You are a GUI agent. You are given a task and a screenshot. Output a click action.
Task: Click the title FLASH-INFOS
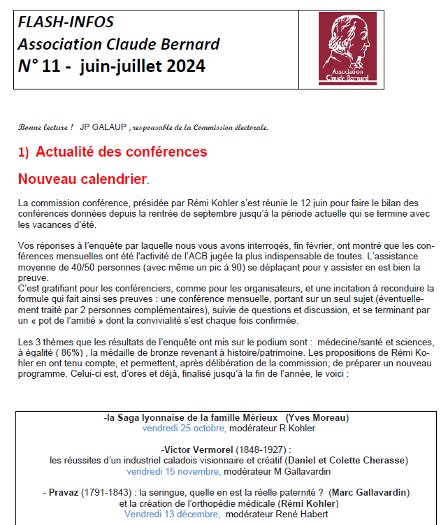point(65,23)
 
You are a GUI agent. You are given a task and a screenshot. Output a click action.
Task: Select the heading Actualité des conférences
point(121,152)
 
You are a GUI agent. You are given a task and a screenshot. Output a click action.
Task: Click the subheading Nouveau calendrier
point(82,179)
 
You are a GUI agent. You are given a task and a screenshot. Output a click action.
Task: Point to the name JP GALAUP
point(103,127)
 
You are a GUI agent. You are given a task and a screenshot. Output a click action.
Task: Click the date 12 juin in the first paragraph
point(299,203)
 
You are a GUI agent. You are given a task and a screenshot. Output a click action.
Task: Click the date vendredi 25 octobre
point(184,428)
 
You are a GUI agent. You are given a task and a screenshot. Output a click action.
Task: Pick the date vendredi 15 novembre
point(182,471)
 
